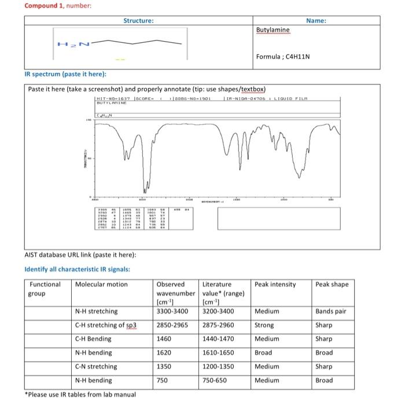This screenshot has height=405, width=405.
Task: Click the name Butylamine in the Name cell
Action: [x=273, y=30]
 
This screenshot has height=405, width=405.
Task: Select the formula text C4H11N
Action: [x=283, y=57]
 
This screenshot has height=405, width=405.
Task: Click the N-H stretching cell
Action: [x=97, y=311]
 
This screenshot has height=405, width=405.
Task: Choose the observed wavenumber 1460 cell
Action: [x=165, y=339]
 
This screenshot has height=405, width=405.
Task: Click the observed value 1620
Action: [x=165, y=352]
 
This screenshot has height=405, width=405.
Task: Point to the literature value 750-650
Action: [x=215, y=380]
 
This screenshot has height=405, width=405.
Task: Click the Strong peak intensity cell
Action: [x=265, y=325]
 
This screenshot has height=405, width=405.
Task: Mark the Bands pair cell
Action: [x=331, y=311]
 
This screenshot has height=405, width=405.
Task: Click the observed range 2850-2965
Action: [x=172, y=325]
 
